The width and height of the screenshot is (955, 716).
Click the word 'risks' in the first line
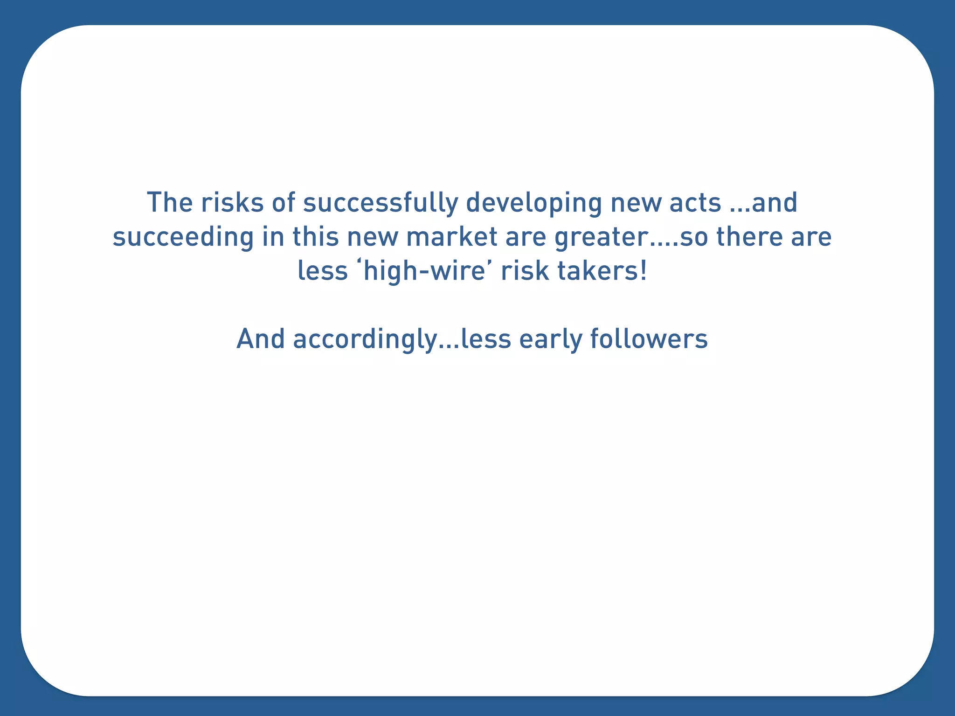(232, 202)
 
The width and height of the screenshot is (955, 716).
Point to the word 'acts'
(695, 202)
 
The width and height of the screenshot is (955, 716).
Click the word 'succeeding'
(183, 237)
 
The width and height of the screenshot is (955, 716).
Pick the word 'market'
(451, 236)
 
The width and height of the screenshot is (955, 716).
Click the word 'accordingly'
(364, 339)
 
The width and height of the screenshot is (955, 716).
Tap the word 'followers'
(649, 338)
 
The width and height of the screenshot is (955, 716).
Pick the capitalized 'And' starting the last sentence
(260, 338)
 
